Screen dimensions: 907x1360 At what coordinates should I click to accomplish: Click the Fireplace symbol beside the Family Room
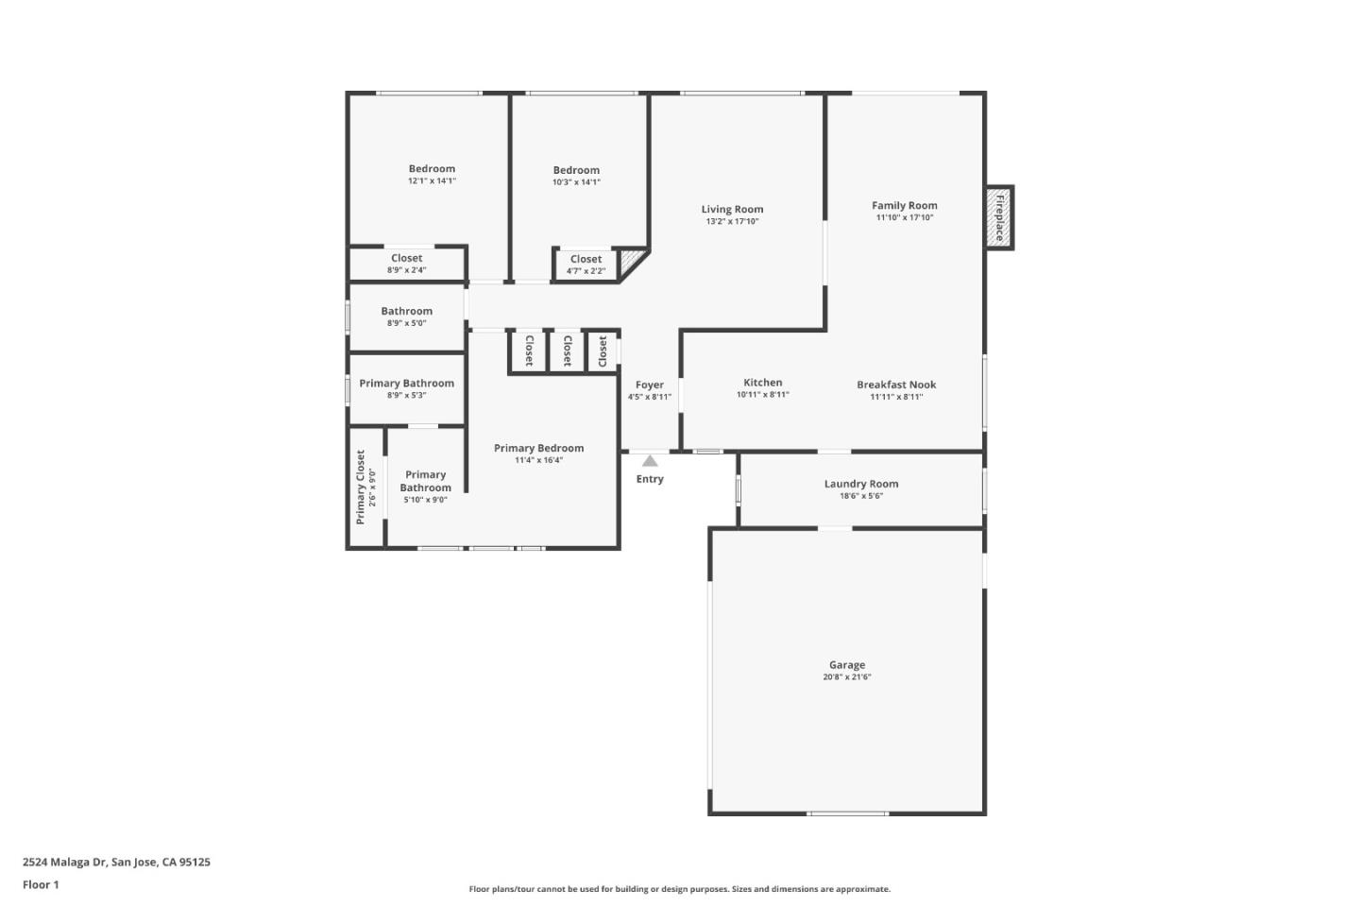click(x=999, y=217)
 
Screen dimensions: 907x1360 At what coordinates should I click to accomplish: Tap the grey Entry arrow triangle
click(x=650, y=461)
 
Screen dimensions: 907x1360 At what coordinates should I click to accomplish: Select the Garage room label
click(x=847, y=665)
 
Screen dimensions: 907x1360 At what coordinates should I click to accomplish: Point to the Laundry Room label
click(x=861, y=484)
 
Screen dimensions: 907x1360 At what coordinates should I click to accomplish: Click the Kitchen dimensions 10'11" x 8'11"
click(x=763, y=395)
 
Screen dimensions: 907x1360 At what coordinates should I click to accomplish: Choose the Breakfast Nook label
click(x=896, y=385)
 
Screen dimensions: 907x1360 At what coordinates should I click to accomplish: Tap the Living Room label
click(x=732, y=210)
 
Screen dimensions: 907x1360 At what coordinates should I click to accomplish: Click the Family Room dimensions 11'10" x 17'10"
click(x=905, y=217)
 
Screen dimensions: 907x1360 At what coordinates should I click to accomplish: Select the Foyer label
click(x=650, y=385)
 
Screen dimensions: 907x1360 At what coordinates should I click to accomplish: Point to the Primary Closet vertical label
click(x=361, y=488)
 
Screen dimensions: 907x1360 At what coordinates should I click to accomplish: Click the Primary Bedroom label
click(x=538, y=448)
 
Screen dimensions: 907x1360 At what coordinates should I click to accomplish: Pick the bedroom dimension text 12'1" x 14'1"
click(x=432, y=180)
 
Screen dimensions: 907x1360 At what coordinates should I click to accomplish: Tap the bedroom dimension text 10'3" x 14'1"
click(x=576, y=182)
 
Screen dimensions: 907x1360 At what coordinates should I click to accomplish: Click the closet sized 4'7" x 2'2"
click(x=586, y=265)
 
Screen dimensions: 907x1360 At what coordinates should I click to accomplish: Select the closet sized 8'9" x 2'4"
click(x=406, y=264)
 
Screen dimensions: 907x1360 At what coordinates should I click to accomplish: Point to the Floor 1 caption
click(x=41, y=885)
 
